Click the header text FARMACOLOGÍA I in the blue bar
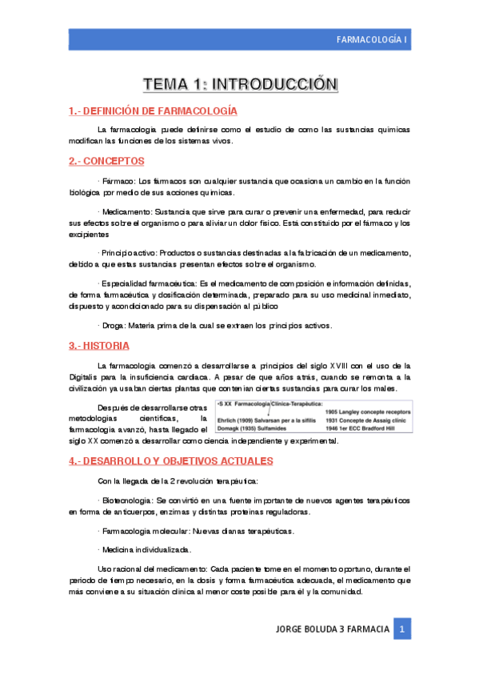pos(373,38)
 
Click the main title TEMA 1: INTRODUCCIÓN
pos(239,84)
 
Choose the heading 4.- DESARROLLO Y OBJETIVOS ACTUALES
pos(171,461)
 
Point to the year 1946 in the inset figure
pos(335,428)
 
